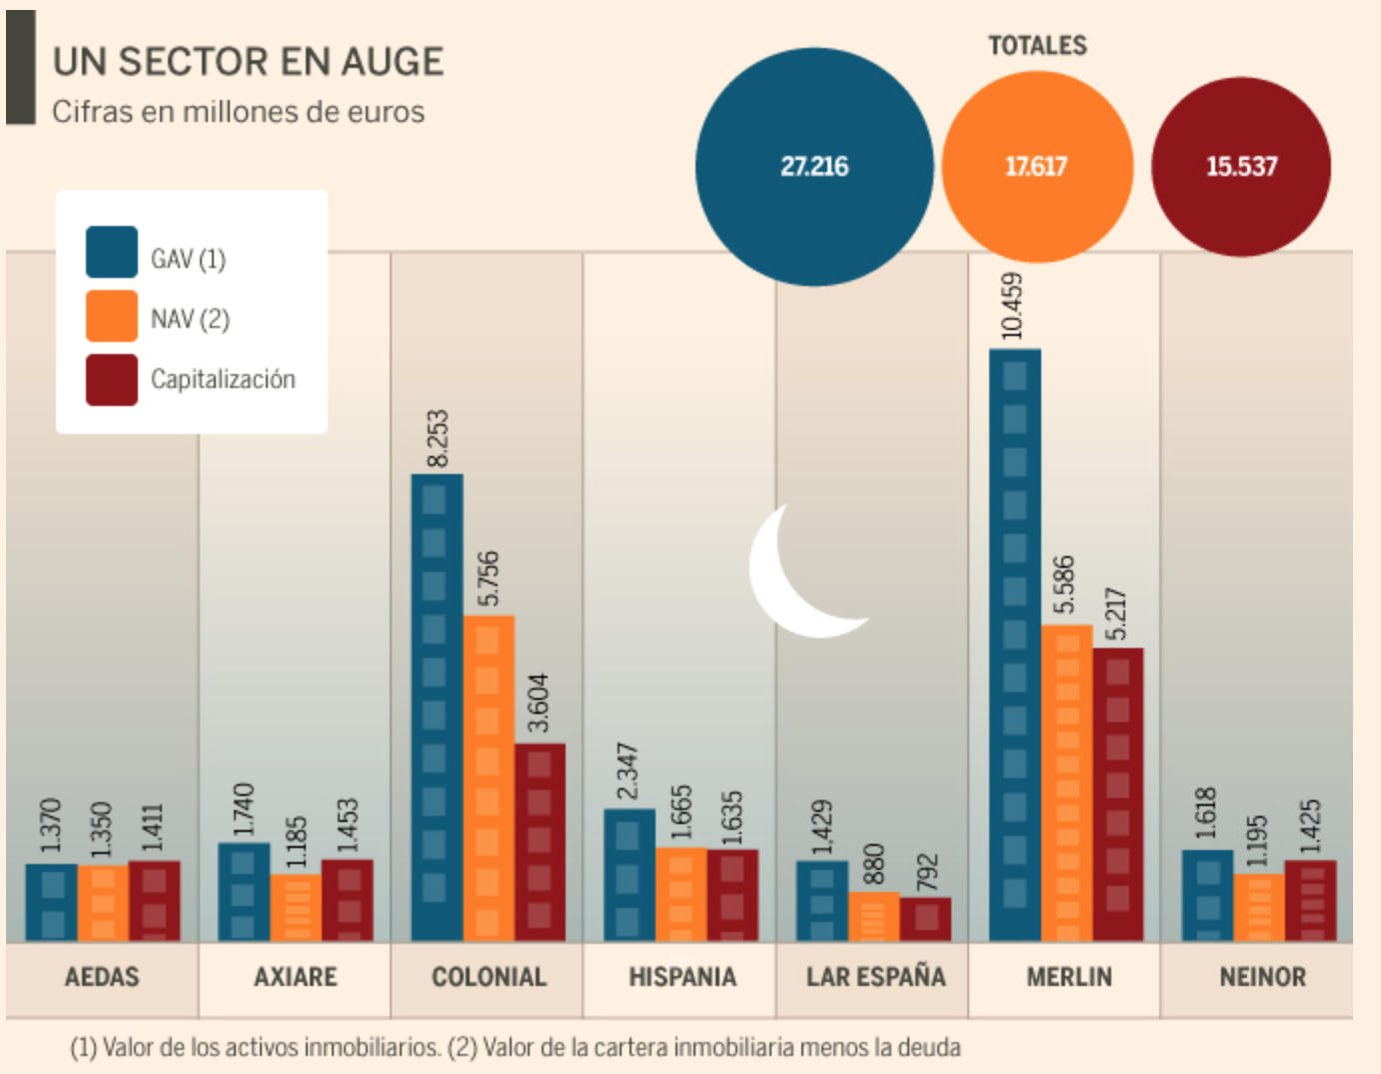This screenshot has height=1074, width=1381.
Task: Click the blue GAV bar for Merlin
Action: tap(1014, 645)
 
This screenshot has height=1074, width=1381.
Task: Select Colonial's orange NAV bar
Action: tap(489, 778)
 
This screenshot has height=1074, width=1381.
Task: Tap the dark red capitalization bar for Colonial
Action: tap(540, 842)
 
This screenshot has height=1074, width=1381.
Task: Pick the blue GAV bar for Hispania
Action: tap(629, 875)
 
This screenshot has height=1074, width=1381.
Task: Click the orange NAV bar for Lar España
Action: tap(873, 917)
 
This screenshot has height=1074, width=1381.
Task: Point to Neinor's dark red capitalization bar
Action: tap(1310, 900)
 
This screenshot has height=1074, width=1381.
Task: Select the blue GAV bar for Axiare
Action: tap(244, 891)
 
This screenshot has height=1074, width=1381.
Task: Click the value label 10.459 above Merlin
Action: tap(1012, 305)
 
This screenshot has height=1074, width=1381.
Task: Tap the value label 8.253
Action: tap(438, 438)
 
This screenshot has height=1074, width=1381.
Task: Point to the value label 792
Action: tap(927, 872)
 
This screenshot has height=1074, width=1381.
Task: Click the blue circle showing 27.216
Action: tap(813, 167)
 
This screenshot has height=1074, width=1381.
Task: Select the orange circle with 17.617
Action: tap(1036, 167)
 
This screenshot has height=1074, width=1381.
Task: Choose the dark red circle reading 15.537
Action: tap(1241, 167)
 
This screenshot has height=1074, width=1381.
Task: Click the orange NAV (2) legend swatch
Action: tap(112, 317)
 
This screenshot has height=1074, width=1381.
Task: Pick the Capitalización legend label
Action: tap(223, 380)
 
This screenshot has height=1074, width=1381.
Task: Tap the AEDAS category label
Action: tap(102, 977)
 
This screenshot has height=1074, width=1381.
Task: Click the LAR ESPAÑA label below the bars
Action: tap(875, 977)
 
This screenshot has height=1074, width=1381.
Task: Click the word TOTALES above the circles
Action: tap(1037, 46)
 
